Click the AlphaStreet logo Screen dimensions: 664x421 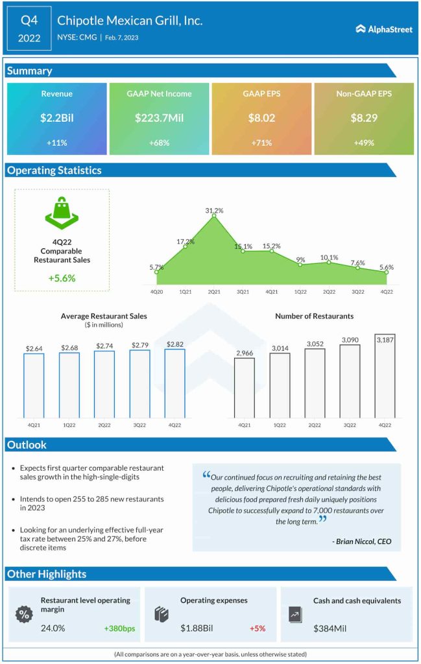pyautogui.click(x=384, y=29)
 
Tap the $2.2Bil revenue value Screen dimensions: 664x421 pyautogui.click(x=57, y=118)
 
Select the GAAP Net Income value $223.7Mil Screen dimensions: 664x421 pyautogui.click(x=159, y=118)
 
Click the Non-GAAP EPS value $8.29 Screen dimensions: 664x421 pyautogui.click(x=364, y=118)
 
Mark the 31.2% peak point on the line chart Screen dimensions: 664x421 pyautogui.click(x=214, y=217)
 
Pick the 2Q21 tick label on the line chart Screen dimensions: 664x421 pyautogui.click(x=214, y=292)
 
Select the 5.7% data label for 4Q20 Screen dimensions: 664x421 pyautogui.click(x=156, y=267)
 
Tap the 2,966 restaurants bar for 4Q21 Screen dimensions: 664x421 pyautogui.click(x=245, y=387)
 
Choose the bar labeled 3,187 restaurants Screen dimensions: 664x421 pyautogui.click(x=385, y=376)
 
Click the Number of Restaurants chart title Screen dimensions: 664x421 pyautogui.click(x=315, y=316)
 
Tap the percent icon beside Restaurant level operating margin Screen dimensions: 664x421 pyautogui.click(x=24, y=613)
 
